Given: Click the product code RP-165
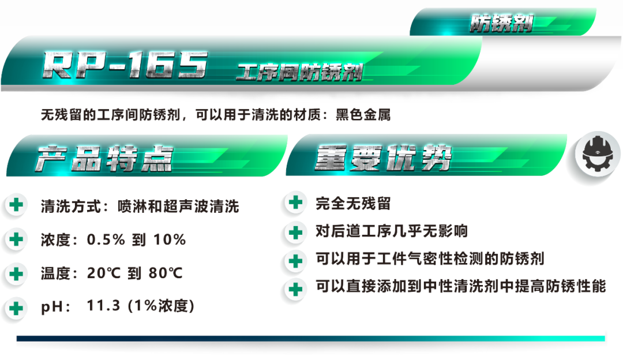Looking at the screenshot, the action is coord(125,65).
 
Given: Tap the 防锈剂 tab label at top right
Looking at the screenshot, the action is coord(501,23).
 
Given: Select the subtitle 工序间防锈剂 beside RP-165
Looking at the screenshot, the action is coord(299,72).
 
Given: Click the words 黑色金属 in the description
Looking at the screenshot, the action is coord(363,115).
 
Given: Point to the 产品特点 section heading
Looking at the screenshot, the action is coord(104,158).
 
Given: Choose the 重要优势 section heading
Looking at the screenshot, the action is coord(384,157).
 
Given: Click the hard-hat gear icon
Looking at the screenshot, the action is coord(598,153).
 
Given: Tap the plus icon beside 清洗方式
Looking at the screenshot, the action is coord(16,205).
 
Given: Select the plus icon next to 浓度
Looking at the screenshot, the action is coord(16,239).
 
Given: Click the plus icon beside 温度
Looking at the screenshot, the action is coord(16,274).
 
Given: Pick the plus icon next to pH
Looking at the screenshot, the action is coord(16,308).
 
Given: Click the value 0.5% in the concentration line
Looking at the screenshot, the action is coord(106,239).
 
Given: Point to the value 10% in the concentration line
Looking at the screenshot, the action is coord(170,239).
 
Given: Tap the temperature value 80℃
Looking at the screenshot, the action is coord(166,273).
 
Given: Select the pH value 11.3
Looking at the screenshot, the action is coord(103,306).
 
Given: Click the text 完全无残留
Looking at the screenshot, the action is coord(353,204).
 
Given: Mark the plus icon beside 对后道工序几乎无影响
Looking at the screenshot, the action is coord(295,232).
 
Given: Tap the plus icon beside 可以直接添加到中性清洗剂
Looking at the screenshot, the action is coord(295,289).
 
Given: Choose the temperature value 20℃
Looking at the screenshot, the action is coord(104,273).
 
